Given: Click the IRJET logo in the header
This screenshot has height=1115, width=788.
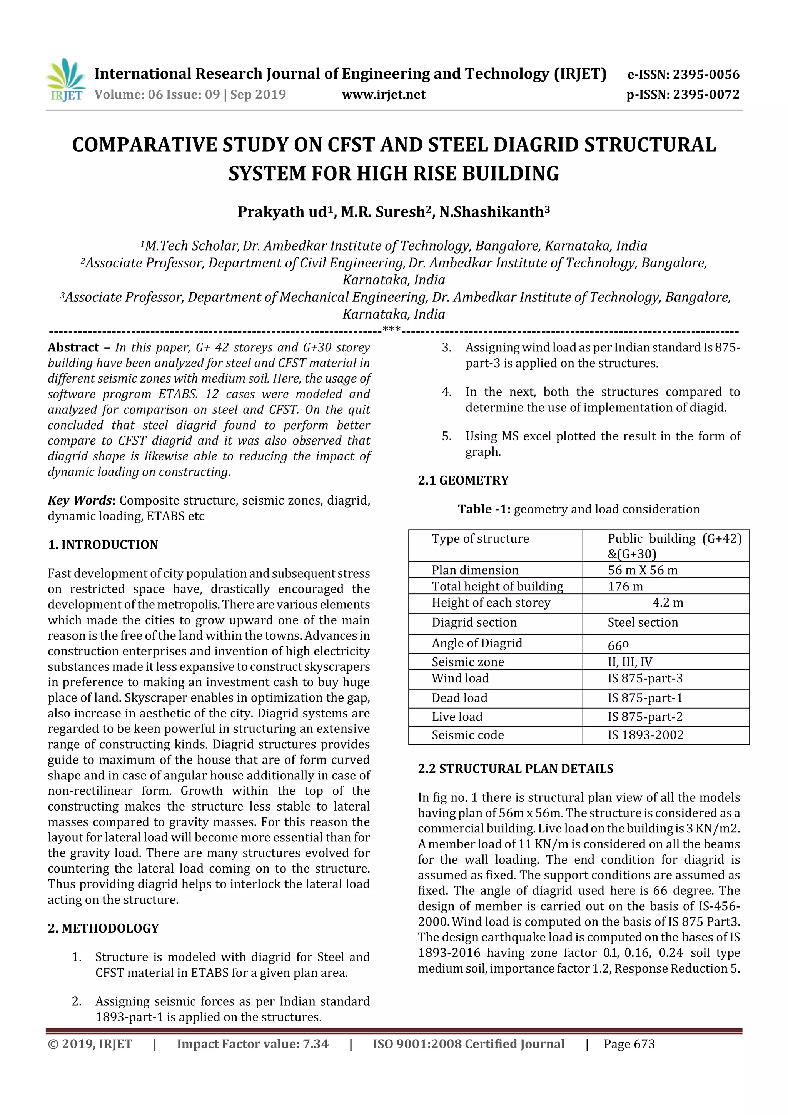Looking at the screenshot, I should click(65, 80).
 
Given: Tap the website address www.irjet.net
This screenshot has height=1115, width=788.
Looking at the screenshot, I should click(384, 95).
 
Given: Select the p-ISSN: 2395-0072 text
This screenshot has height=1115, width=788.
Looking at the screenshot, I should click(683, 95).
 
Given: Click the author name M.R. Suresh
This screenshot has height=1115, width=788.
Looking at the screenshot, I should click(383, 212).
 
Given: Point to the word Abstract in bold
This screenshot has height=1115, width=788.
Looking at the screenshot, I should click(73, 347).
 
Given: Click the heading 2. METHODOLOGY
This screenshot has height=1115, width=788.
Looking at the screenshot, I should click(103, 928).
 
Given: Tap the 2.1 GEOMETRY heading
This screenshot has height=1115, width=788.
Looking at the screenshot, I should click(463, 480).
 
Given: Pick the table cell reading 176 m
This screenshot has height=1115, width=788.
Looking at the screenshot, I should click(625, 586).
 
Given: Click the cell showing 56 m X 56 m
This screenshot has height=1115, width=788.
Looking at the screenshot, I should click(642, 570).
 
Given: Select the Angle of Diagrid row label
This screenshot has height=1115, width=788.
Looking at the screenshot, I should click(477, 643).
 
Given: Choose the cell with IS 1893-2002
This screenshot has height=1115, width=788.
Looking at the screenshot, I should click(645, 735).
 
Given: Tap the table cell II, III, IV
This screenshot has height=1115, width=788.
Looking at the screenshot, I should click(630, 662).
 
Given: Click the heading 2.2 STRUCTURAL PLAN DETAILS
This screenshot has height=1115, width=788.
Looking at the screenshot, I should click(516, 769).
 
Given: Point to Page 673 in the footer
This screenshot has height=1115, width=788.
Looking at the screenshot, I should click(629, 1044).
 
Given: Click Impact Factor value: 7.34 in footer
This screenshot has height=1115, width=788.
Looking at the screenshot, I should click(252, 1044).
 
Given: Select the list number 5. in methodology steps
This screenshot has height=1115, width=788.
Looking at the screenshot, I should click(446, 436).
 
